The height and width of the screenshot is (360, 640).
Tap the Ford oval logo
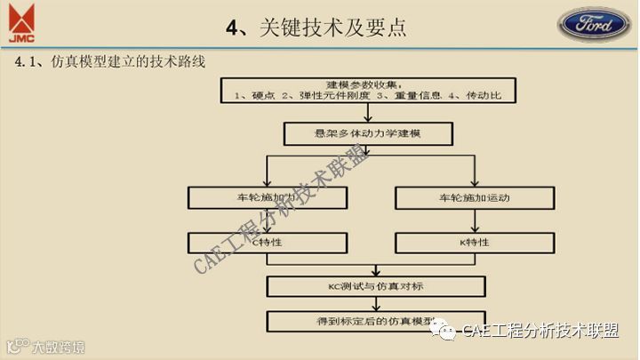point(595,24)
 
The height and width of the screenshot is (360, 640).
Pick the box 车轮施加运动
point(468,197)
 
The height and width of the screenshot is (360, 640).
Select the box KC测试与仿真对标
point(376,286)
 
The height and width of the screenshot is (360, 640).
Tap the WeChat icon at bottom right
point(444,330)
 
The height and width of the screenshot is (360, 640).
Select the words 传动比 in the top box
point(482,95)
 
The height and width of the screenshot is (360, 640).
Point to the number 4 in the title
point(233,27)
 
